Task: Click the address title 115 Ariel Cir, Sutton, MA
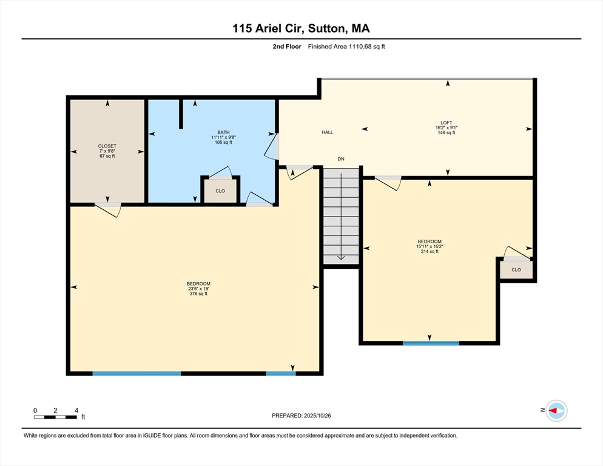[301, 29]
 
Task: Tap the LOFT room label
[446, 123]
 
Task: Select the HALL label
[327, 132]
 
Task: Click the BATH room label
[224, 132]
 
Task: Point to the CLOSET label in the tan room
[107, 146]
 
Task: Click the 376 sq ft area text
[198, 294]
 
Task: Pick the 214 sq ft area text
[429, 251]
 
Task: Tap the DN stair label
[341, 159]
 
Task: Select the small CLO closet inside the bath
[220, 191]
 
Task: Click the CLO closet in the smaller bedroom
[516, 269]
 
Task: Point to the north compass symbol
[555, 411]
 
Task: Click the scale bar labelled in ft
[55, 417]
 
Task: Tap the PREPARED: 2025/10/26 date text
[301, 416]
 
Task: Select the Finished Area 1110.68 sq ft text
[346, 46]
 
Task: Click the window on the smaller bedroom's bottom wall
[431, 343]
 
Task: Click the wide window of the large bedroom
[136, 373]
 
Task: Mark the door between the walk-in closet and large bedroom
[108, 209]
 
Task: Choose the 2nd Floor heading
[287, 46]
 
